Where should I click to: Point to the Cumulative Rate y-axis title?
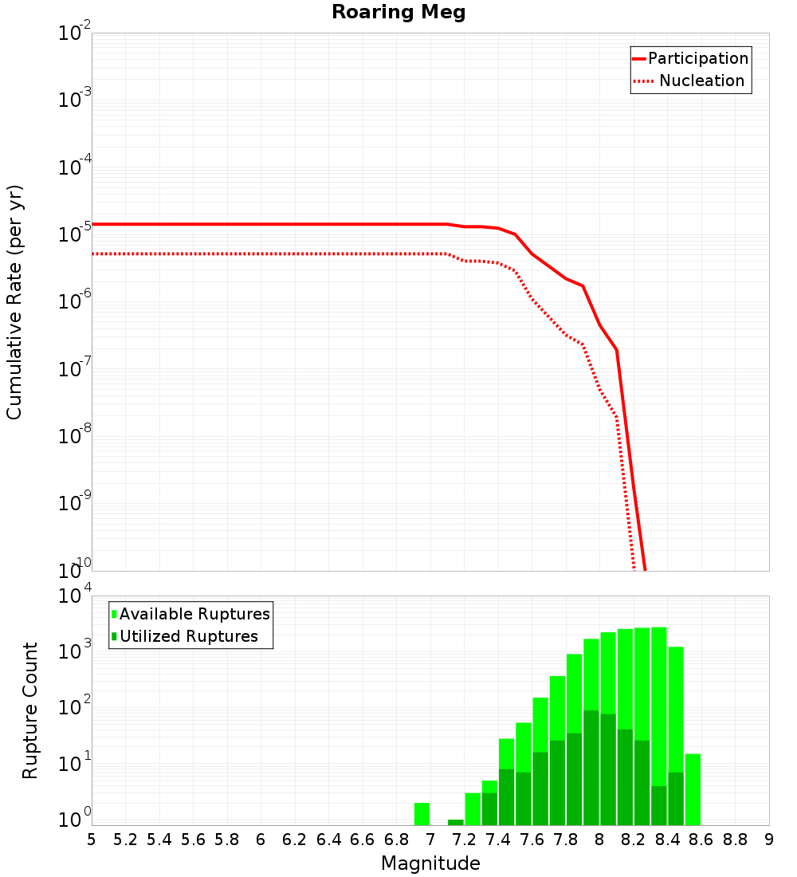(x=15, y=302)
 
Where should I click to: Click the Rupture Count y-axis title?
(x=30, y=710)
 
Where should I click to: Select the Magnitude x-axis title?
(x=430, y=863)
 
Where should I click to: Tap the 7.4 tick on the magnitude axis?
(x=498, y=840)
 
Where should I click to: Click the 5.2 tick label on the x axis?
(x=125, y=840)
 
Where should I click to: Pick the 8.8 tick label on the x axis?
(x=735, y=840)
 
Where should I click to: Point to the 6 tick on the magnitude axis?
(x=261, y=840)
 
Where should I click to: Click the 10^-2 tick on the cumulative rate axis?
(x=75, y=34)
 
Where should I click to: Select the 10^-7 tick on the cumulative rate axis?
(x=75, y=370)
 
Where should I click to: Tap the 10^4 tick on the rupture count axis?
(x=75, y=597)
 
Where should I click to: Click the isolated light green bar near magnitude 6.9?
(x=422, y=814)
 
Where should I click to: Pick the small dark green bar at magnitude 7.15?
(x=455, y=822)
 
